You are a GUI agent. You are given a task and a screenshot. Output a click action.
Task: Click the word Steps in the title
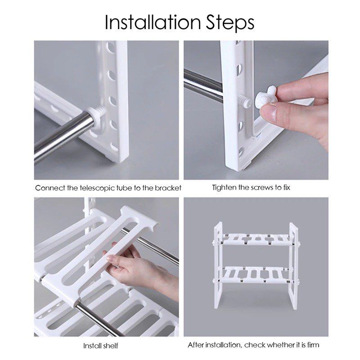click(230, 23)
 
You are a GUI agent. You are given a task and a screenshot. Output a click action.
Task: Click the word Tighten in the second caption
click(224, 187)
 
